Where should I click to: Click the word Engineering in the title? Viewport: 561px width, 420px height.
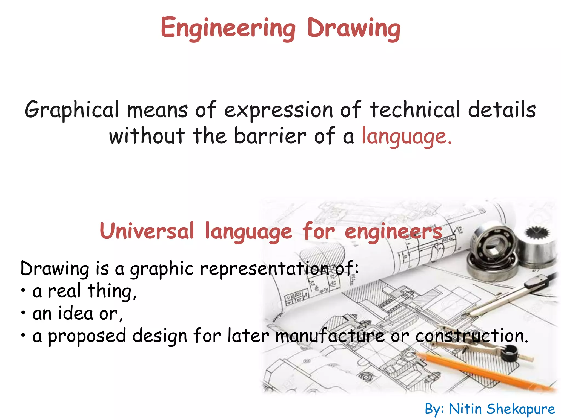pyautogui.click(x=228, y=28)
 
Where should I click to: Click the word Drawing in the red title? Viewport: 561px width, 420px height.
pyautogui.click(x=354, y=28)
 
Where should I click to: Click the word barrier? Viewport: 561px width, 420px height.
pyautogui.click(x=270, y=136)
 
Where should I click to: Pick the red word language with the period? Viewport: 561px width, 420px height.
pyautogui.click(x=407, y=136)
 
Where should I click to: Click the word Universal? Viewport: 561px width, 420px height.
pyautogui.click(x=147, y=231)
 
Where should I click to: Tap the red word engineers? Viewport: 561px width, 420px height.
pyautogui.click(x=393, y=232)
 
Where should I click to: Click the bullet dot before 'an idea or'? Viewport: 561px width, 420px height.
pyautogui.click(x=24, y=313)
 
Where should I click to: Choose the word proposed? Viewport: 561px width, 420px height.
pyautogui.click(x=87, y=336)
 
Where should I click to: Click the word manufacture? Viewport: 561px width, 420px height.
pyautogui.click(x=330, y=336)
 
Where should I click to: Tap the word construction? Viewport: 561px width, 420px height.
pyautogui.click(x=471, y=336)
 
